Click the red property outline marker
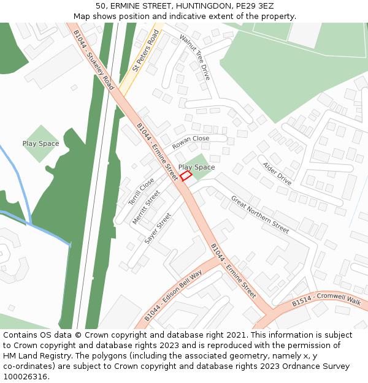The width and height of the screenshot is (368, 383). (186, 176)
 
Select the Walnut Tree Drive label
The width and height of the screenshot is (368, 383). (195, 57)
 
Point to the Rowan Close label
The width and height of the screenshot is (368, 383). (190, 142)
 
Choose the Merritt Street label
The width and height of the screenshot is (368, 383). (146, 207)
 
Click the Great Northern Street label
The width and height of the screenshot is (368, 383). (259, 214)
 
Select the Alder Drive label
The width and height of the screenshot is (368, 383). (277, 173)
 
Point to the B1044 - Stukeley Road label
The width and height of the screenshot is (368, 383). (93, 60)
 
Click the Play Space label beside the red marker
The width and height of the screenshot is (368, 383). (196, 167)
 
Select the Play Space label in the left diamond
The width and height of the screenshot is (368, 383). (41, 144)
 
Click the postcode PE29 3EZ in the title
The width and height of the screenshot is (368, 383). (254, 6)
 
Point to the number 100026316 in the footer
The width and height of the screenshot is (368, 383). (25, 377)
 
